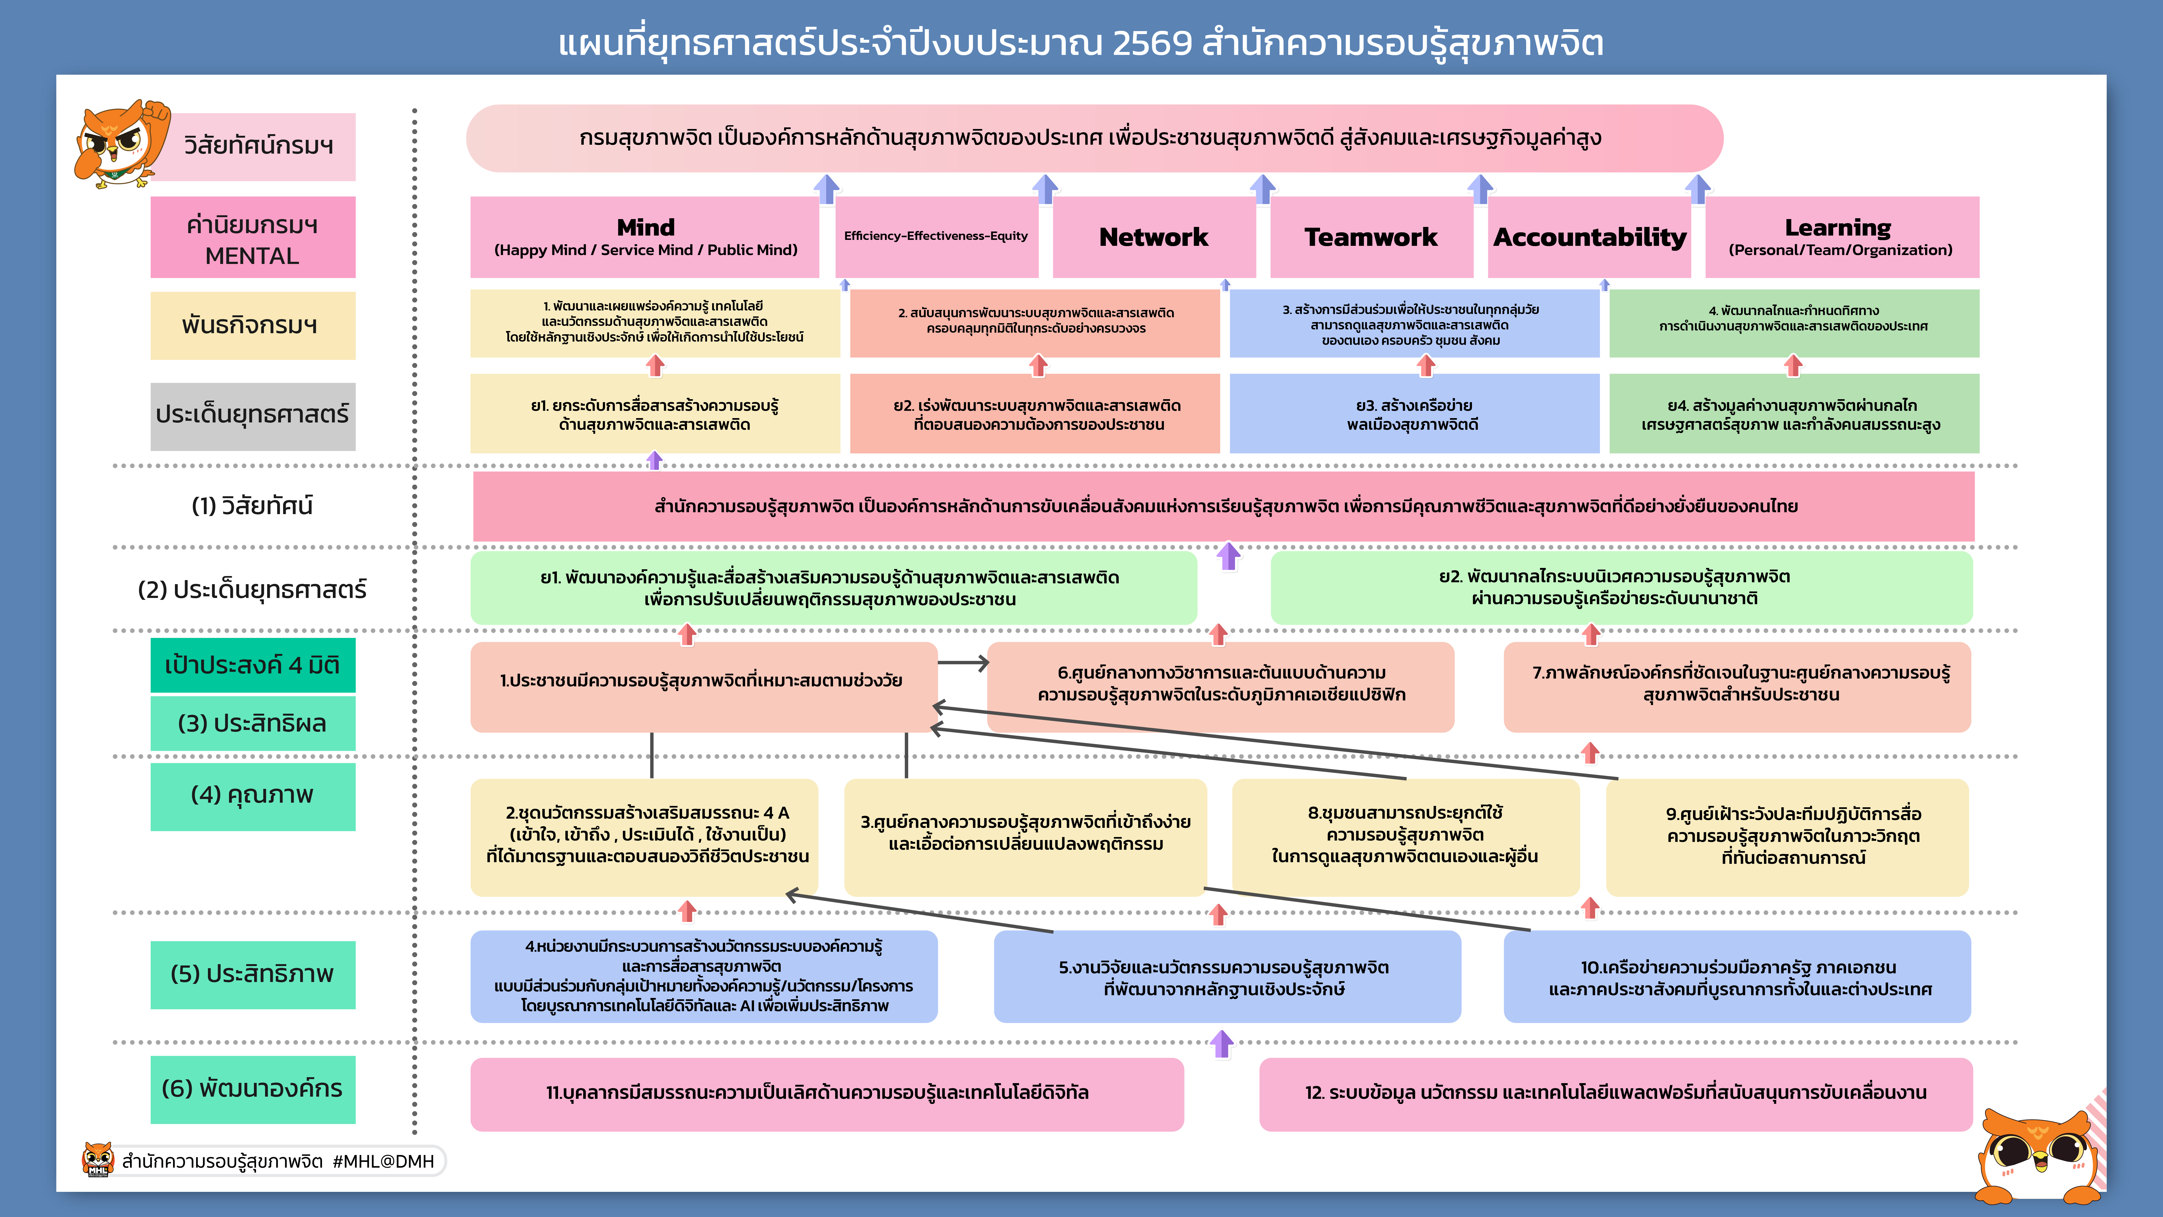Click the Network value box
tap(1154, 238)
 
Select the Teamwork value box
tap(1371, 238)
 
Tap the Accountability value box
tap(1589, 238)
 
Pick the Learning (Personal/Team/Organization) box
tap(1842, 238)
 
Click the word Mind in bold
tap(645, 227)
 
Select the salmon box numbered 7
tap(1736, 685)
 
